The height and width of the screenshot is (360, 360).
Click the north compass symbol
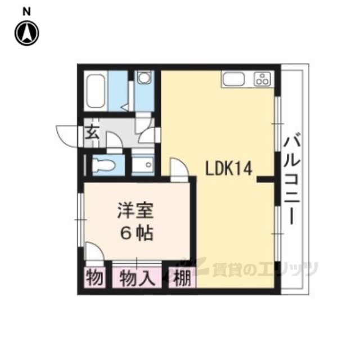(x=27, y=33)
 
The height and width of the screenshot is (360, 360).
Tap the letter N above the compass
(x=26, y=12)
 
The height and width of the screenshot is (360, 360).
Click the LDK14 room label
(x=229, y=168)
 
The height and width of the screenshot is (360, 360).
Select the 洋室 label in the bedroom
(x=135, y=210)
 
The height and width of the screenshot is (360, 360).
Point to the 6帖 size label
(x=137, y=233)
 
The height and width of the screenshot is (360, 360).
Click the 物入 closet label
(x=137, y=278)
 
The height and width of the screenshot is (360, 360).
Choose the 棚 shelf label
(x=182, y=278)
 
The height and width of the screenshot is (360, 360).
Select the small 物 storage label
(x=94, y=277)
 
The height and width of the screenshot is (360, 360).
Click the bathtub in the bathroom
(x=96, y=91)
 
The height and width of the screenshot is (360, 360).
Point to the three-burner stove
(x=263, y=79)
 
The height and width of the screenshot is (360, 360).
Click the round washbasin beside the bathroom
(x=144, y=78)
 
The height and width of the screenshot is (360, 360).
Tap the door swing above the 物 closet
(x=94, y=251)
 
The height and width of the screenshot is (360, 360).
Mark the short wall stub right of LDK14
(x=265, y=179)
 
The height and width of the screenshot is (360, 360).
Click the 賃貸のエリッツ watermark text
(x=265, y=269)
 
